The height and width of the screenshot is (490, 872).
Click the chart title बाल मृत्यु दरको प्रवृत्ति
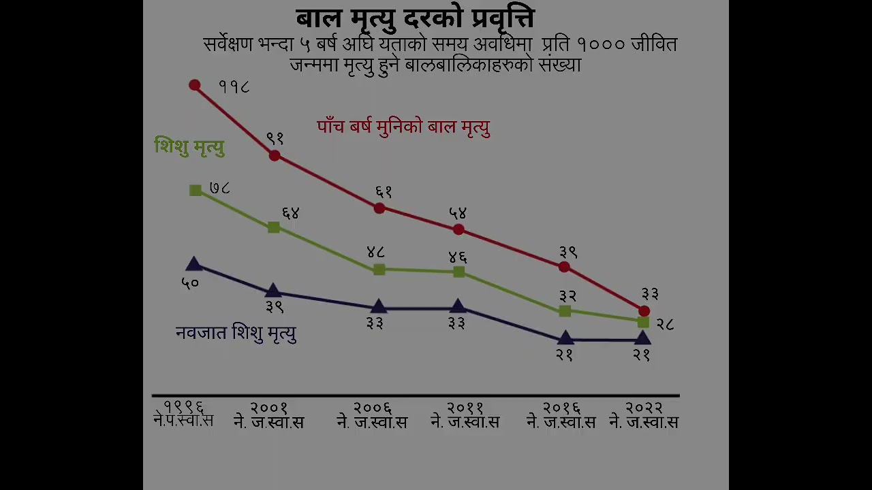[415, 18]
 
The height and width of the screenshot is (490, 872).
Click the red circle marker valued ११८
[195, 85]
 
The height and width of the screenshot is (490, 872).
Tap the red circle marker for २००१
[275, 155]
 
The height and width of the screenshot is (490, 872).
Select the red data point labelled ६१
[379, 208]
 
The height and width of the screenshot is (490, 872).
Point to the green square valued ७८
[196, 191]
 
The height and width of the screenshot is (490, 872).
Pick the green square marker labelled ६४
[274, 227]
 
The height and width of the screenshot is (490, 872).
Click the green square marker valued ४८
[379, 269]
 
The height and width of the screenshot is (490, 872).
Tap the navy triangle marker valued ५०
[193, 264]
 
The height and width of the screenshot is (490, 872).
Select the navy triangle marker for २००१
[273, 291]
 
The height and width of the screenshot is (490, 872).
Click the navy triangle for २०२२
[642, 338]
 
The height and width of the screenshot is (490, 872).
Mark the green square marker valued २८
[643, 322]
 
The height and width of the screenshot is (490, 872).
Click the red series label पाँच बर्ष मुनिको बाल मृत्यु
[403, 127]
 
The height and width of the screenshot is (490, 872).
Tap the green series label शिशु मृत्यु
[189, 146]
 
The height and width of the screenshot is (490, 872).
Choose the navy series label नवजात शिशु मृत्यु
[236, 333]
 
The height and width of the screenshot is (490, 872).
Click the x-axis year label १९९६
[183, 407]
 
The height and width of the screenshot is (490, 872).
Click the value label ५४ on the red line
[458, 214]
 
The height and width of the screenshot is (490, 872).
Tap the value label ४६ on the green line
[458, 257]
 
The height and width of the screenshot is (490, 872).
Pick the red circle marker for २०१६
[564, 267]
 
